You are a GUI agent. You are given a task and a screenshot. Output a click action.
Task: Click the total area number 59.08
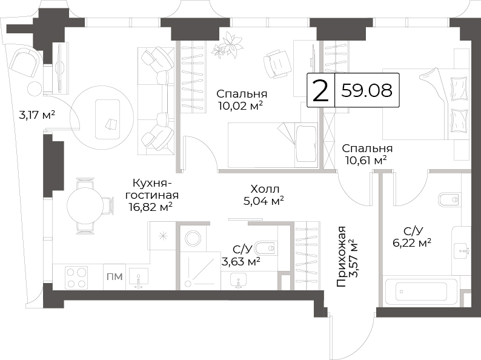click(367, 90)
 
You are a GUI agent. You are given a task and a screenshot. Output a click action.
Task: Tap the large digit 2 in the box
click(320, 90)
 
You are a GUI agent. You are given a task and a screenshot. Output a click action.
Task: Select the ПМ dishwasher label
click(114, 277)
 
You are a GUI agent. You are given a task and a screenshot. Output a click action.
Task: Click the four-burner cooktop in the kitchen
click(77, 277)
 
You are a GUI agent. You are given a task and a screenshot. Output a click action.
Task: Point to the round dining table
click(85, 205)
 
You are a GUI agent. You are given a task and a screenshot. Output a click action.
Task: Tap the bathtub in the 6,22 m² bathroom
click(421, 292)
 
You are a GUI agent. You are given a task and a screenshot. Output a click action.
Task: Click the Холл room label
click(265, 188)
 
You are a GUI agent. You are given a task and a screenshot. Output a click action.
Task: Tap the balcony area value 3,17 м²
click(37, 115)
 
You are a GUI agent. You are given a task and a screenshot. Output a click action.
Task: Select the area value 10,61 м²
click(366, 160)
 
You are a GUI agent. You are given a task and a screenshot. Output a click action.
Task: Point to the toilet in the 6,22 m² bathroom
click(449, 200)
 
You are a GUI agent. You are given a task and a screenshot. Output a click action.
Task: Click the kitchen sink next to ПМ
click(138, 278)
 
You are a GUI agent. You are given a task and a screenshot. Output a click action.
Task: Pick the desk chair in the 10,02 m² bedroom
click(277, 64)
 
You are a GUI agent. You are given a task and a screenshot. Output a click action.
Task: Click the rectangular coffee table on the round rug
click(107, 119)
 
